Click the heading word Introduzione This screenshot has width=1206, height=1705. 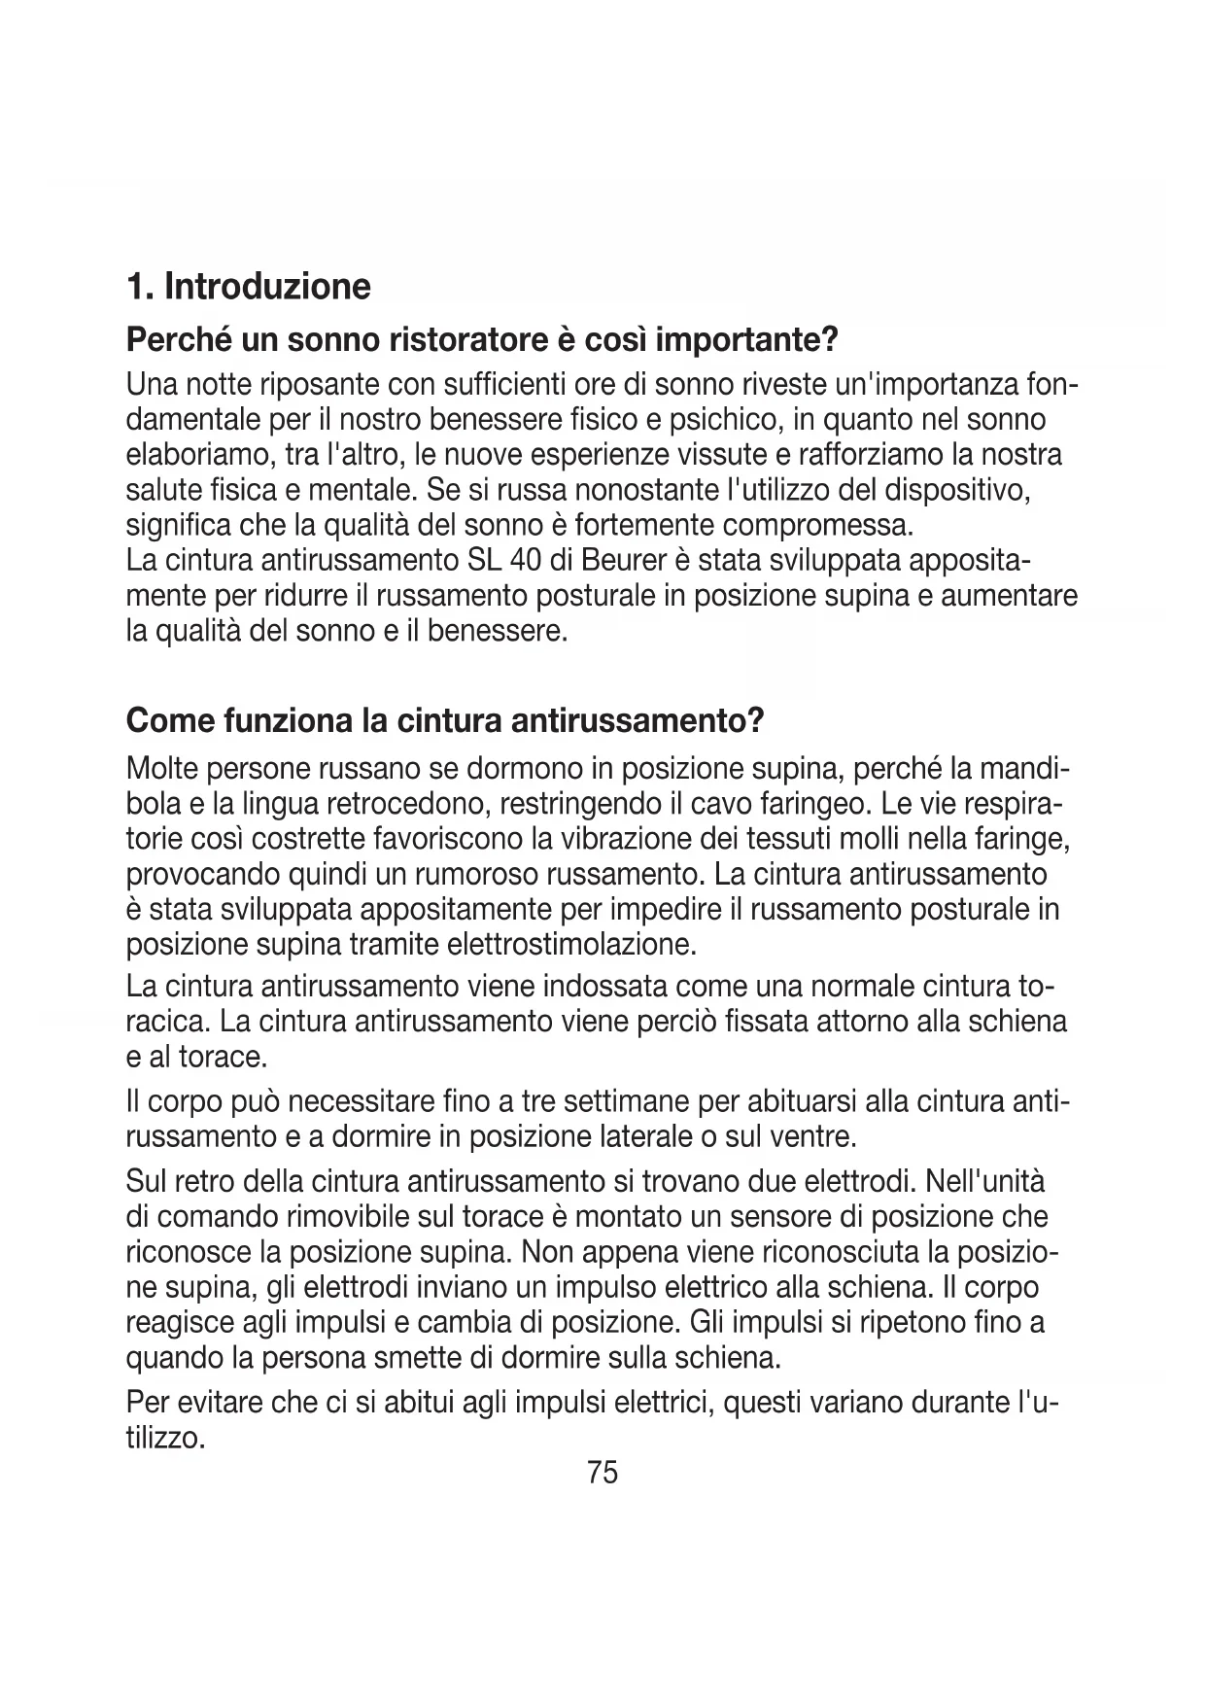point(267,287)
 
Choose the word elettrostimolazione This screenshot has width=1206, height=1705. point(571,944)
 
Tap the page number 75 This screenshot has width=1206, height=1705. point(603,1473)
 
